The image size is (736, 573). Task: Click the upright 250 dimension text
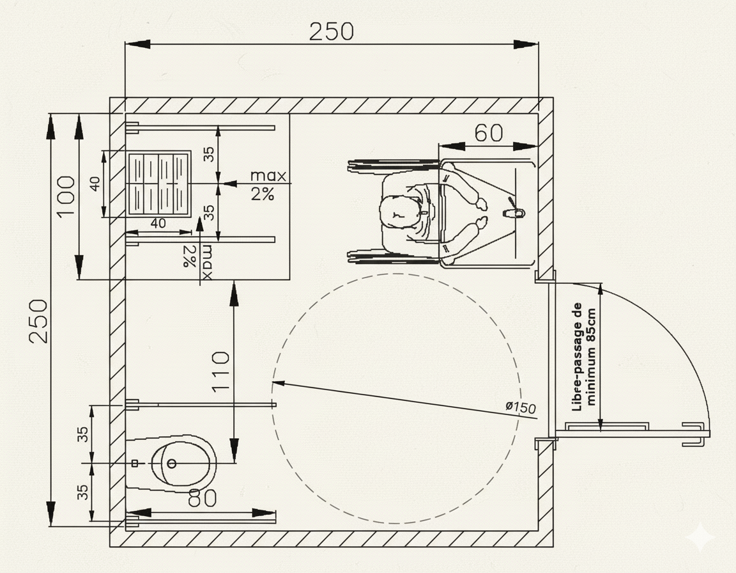click(x=331, y=31)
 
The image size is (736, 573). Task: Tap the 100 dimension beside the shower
click(x=66, y=196)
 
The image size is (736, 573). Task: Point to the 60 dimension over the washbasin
click(x=489, y=133)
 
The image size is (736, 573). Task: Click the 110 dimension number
click(x=220, y=372)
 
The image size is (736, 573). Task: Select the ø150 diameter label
click(x=519, y=407)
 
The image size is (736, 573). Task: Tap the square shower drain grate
click(x=159, y=183)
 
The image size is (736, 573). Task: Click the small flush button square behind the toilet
click(x=135, y=462)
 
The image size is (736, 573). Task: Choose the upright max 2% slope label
click(x=266, y=185)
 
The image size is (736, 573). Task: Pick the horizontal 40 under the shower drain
click(x=157, y=223)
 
